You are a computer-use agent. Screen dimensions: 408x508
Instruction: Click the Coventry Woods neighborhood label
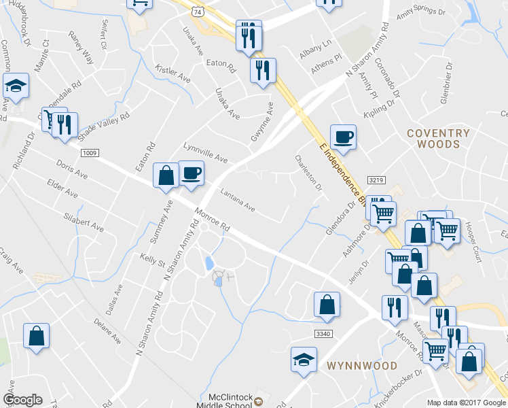438,139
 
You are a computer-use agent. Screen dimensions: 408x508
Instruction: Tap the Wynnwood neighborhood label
361,366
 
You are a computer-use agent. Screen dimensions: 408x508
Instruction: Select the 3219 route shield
377,180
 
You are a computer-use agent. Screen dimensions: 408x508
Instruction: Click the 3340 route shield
324,333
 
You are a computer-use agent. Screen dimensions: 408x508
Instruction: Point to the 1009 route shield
89,153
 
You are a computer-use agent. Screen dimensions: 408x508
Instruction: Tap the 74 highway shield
196,12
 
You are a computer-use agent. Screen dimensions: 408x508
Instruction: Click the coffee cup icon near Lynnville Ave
191,173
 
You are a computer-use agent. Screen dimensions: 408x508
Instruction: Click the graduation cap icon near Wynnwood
304,358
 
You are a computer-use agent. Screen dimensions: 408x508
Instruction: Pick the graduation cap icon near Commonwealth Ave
16,86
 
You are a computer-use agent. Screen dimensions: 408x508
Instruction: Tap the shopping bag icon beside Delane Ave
36,335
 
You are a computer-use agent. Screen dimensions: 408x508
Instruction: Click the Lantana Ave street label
237,201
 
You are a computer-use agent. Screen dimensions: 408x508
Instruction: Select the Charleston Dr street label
308,173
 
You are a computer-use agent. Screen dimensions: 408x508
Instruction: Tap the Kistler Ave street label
173,74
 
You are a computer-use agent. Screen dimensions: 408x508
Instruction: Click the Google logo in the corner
22,400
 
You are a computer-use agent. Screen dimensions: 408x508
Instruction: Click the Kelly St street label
153,259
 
